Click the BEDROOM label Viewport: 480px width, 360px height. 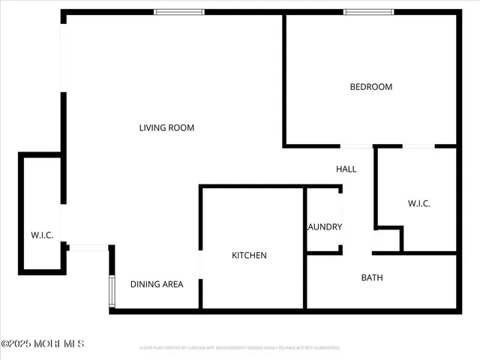371,87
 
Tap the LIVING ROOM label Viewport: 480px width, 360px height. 166,127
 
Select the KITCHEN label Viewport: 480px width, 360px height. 249,256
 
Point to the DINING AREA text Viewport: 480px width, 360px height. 157,284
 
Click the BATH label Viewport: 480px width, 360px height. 372,277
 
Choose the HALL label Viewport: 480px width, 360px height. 346,169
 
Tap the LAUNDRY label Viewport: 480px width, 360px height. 325,227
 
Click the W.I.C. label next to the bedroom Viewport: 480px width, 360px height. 419,204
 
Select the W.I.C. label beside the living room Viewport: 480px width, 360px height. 42,235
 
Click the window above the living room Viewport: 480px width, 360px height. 179,12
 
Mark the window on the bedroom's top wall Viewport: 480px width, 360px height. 368,12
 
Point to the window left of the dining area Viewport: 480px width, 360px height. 112,290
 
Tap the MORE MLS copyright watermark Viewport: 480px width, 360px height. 43,343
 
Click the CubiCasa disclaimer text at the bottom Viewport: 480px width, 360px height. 240,348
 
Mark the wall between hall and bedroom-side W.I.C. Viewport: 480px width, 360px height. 376,187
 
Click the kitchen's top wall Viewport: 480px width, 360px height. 251,186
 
